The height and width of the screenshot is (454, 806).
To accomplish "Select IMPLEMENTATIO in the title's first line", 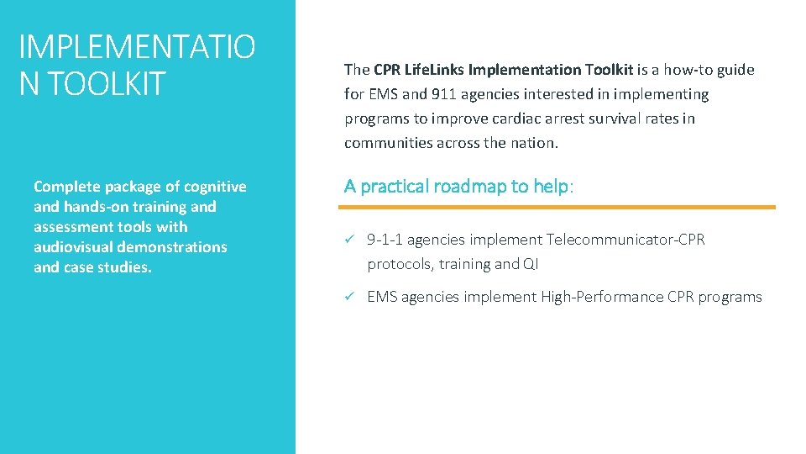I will click(137, 46).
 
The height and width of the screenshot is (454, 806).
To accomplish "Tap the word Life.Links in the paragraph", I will click(431, 70).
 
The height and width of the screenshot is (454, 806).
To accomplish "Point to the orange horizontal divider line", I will click(559, 207).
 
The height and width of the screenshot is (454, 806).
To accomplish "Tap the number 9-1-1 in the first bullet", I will click(385, 240).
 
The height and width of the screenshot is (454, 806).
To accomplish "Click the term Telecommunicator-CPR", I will click(625, 240).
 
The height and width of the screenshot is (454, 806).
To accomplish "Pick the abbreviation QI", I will click(531, 264).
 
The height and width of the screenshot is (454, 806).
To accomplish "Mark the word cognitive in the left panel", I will click(216, 187).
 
